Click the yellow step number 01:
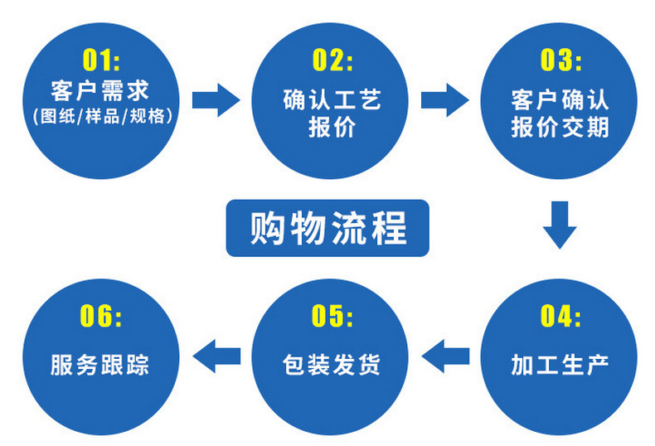pyautogui.click(x=102, y=60)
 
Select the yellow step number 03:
pyautogui.click(x=560, y=60)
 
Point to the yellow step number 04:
pyautogui.click(x=560, y=316)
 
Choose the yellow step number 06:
pyautogui.click(x=102, y=316)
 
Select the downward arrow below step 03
pyautogui.click(x=560, y=224)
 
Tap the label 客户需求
pyautogui.click(x=102, y=89)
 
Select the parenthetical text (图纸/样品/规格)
pyautogui.click(x=102, y=115)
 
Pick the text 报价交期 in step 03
pyautogui.click(x=560, y=128)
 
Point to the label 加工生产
pyautogui.click(x=560, y=365)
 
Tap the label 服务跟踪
pyautogui.click(x=100, y=365)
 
